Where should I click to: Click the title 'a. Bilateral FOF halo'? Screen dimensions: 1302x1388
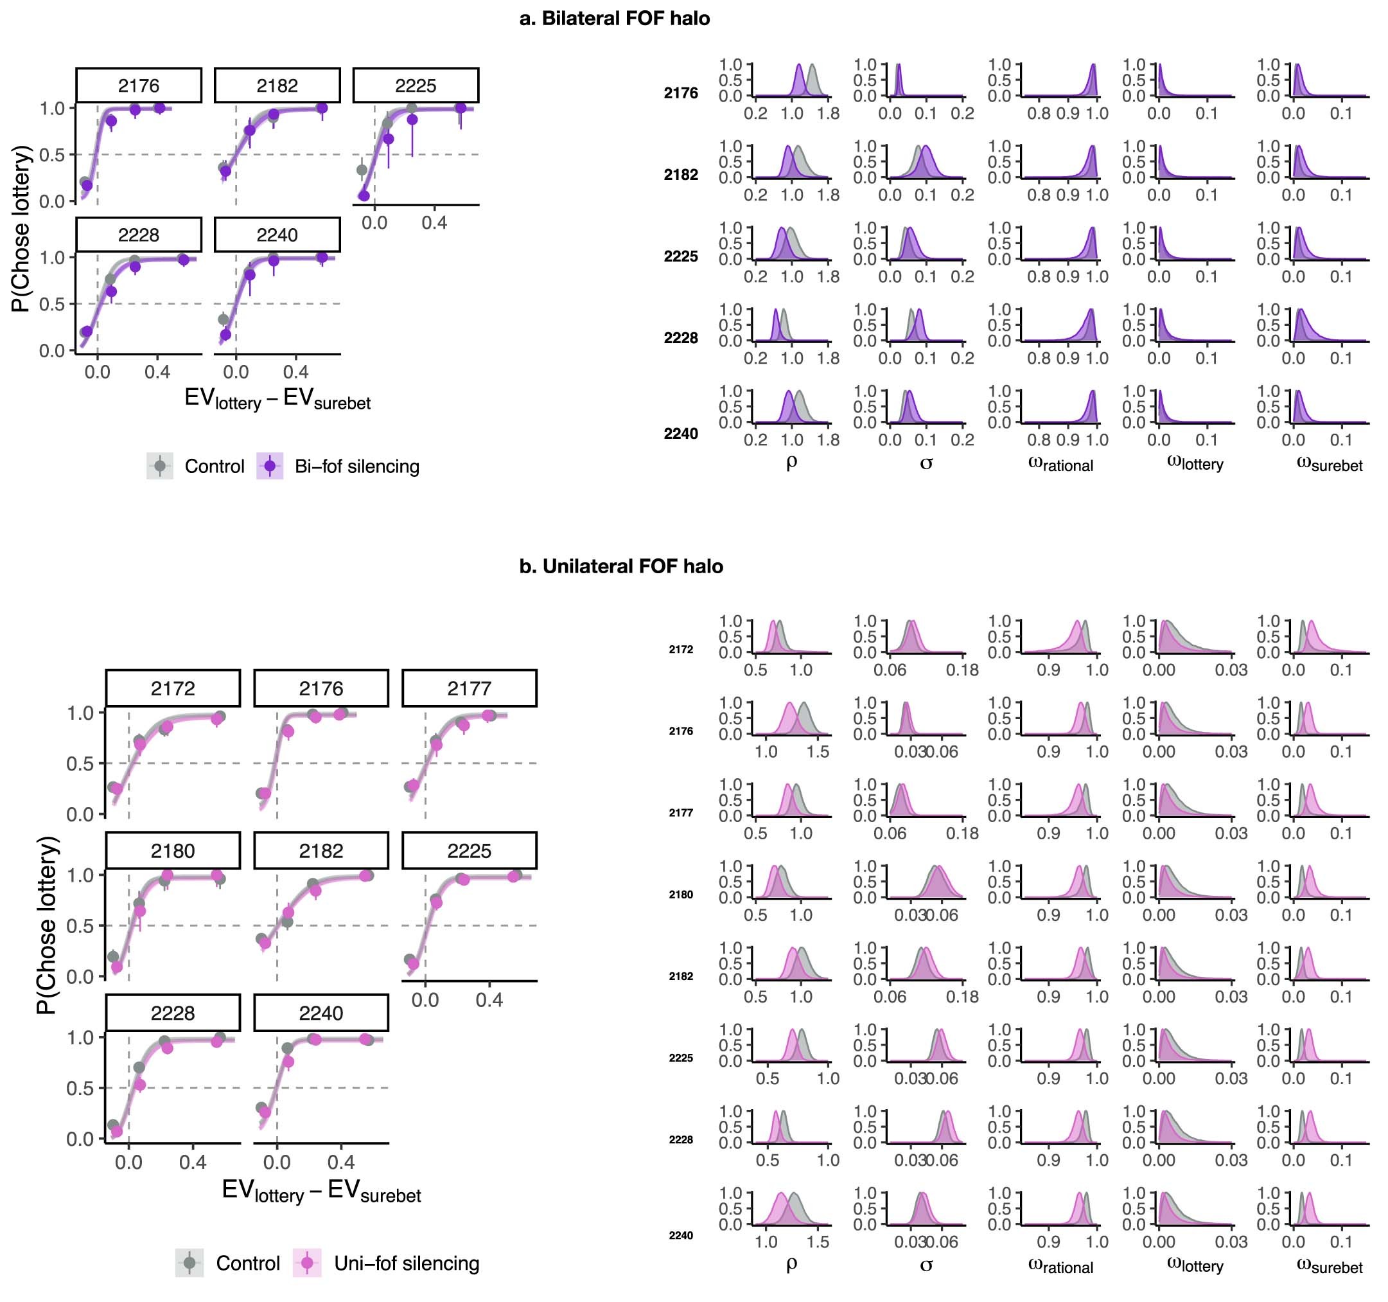[615, 18]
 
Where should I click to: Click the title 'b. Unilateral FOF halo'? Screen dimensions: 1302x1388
[620, 566]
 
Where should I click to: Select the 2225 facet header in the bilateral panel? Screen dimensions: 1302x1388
[416, 85]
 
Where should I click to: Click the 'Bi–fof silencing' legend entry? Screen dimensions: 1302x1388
[356, 466]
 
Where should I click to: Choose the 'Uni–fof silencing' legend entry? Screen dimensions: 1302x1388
[407, 1263]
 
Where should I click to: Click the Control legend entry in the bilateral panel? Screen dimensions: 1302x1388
[214, 466]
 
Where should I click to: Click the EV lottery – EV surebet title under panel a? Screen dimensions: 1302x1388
[277, 399]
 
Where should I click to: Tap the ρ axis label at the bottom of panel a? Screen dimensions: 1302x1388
[791, 461]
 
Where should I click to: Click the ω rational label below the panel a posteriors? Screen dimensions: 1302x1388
[1060, 464]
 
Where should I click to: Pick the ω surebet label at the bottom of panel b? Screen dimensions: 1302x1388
[1329, 1265]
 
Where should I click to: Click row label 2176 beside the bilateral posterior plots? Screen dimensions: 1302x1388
[680, 93]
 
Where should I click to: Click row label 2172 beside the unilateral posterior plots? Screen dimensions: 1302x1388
[681, 649]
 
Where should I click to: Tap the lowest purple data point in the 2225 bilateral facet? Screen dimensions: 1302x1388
[364, 195]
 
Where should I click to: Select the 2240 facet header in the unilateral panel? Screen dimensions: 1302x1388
[321, 1013]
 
